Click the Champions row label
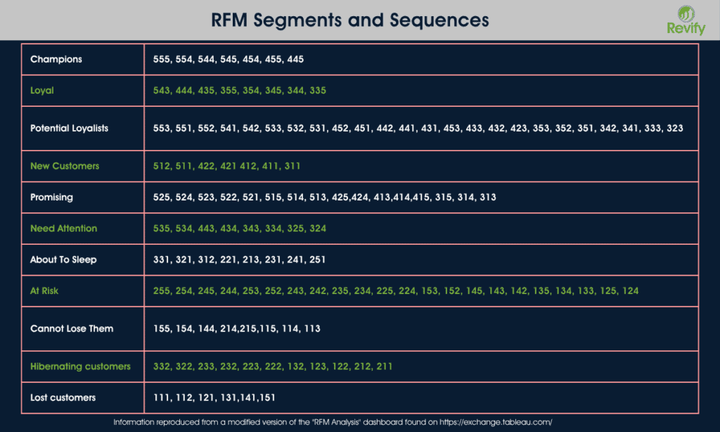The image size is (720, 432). click(x=56, y=59)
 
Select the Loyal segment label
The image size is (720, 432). click(x=42, y=91)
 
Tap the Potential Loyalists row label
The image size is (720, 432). click(x=70, y=128)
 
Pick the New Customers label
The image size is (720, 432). click(x=65, y=166)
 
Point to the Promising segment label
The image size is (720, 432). click(x=51, y=197)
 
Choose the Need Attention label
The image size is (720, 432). click(x=64, y=229)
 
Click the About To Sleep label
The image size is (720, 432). click(x=63, y=260)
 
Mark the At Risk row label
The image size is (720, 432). click(x=44, y=291)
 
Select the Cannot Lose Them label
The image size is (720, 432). click(x=72, y=329)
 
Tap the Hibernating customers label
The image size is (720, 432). click(x=80, y=367)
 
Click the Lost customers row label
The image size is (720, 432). click(x=63, y=398)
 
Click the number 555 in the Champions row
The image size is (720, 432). click(x=162, y=59)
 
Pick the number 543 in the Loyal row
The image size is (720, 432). click(x=162, y=91)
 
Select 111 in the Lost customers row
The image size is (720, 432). click(x=162, y=398)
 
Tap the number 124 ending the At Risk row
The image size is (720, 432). click(x=630, y=291)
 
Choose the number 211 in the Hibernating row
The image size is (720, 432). click(x=384, y=367)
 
